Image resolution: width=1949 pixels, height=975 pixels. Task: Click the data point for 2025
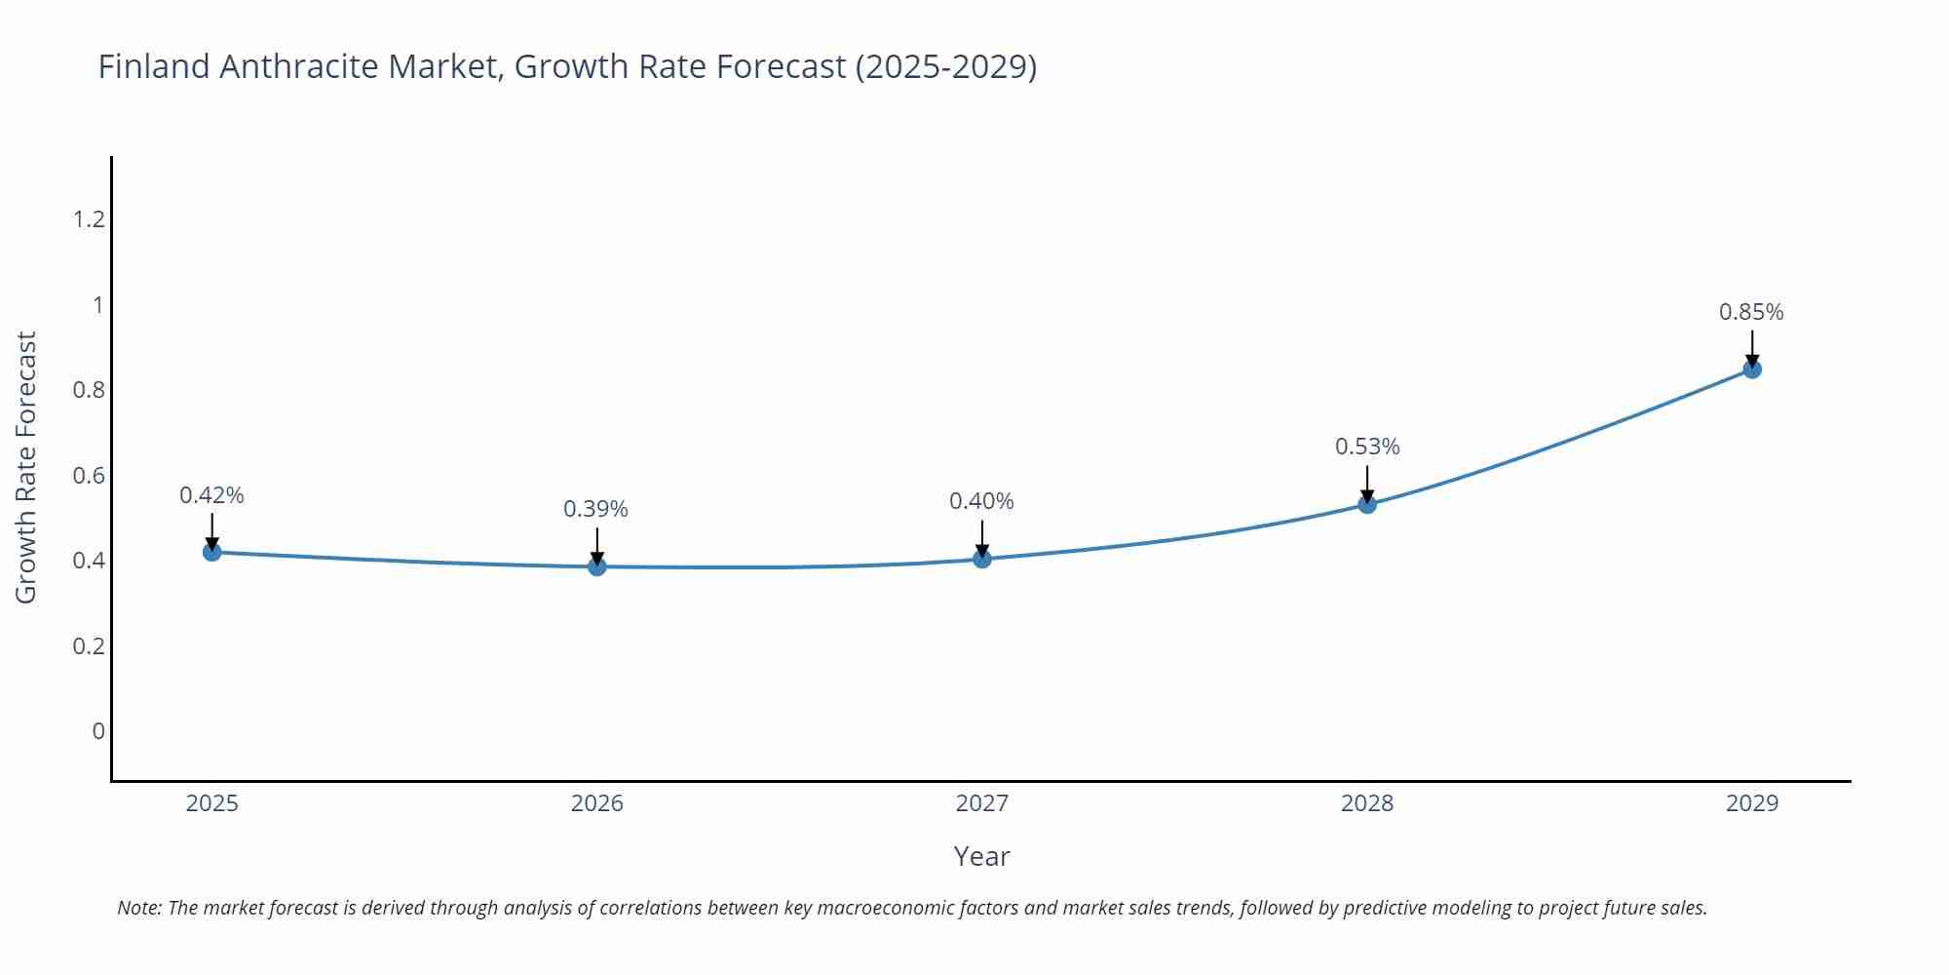[212, 552]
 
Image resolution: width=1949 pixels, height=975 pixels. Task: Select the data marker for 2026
[597, 566]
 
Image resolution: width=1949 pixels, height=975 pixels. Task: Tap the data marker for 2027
[982, 559]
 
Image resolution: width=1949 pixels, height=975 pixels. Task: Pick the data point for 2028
[1367, 504]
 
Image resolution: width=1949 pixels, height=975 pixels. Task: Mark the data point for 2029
[1752, 370]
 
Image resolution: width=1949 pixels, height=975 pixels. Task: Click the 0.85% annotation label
[1751, 312]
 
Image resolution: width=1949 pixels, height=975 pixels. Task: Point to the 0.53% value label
[1367, 447]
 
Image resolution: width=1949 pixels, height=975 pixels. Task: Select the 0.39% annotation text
[595, 509]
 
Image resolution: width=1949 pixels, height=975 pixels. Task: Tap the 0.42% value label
[211, 495]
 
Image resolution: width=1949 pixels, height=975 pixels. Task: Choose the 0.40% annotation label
[981, 501]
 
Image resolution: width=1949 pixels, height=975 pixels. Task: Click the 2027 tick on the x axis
[982, 803]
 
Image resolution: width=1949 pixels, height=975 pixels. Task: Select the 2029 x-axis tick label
[1752, 803]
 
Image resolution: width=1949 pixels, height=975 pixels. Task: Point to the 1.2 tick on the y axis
[89, 219]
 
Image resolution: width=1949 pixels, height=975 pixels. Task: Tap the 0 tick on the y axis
[97, 731]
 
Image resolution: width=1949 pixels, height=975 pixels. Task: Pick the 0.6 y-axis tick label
[89, 476]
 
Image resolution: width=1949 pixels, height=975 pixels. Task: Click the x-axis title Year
[981, 856]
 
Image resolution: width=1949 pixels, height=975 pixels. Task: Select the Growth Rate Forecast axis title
[26, 467]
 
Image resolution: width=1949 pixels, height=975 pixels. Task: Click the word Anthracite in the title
[298, 66]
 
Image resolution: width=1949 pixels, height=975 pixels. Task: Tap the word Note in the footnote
[138, 908]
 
